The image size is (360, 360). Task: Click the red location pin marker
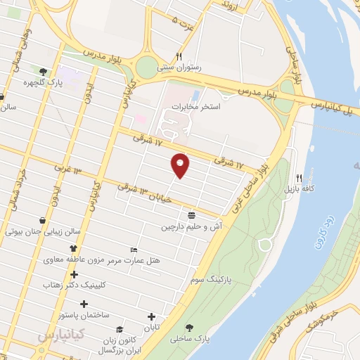click(x=181, y=165)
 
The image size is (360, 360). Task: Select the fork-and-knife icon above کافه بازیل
click(x=300, y=178)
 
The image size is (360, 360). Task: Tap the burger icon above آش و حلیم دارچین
click(x=191, y=214)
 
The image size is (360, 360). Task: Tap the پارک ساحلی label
click(x=193, y=339)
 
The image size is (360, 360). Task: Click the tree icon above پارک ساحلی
click(x=191, y=327)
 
